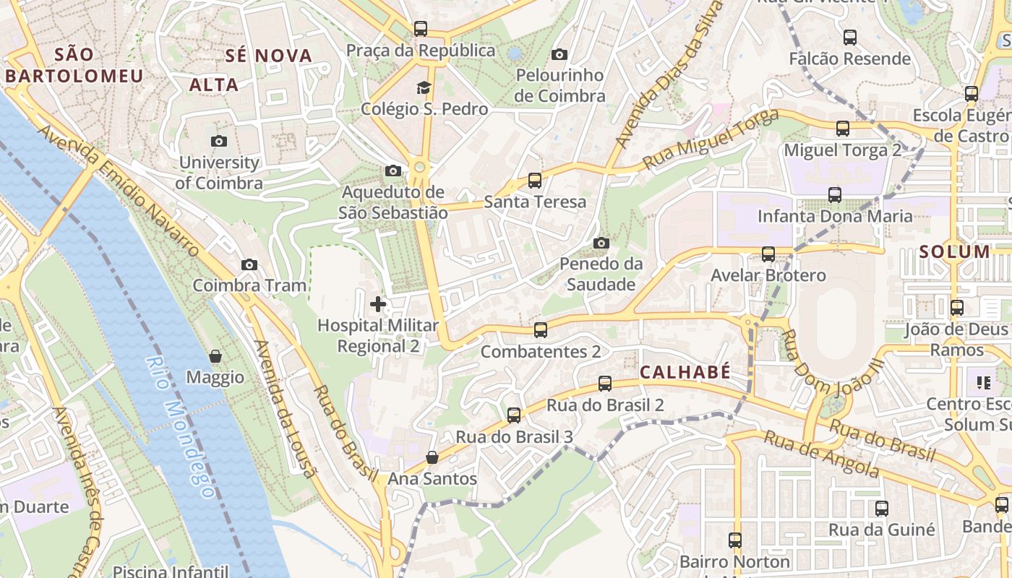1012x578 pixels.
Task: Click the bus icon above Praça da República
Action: [421, 29]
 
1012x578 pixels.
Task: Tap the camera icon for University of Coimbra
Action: [219, 141]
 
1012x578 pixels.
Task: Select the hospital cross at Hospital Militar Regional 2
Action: [377, 304]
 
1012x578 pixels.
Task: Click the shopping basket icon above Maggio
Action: [215, 356]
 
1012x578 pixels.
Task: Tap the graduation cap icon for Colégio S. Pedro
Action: [423, 88]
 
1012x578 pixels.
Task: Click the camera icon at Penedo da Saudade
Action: [601, 243]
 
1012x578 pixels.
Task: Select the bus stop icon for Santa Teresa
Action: [535, 181]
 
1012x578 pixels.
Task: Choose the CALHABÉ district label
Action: [685, 372]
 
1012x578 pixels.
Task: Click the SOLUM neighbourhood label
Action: [954, 251]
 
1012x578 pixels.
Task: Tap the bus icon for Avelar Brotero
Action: [768, 254]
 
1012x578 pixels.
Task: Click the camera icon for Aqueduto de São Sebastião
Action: [393, 171]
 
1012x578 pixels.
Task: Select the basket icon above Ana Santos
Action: [432, 457]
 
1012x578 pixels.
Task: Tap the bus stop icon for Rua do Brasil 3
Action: [514, 415]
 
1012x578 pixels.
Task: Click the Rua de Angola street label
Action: [822, 454]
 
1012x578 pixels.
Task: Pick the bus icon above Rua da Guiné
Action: [881, 509]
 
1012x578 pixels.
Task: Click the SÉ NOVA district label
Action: [268, 56]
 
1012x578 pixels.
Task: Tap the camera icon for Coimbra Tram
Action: [249, 264]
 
